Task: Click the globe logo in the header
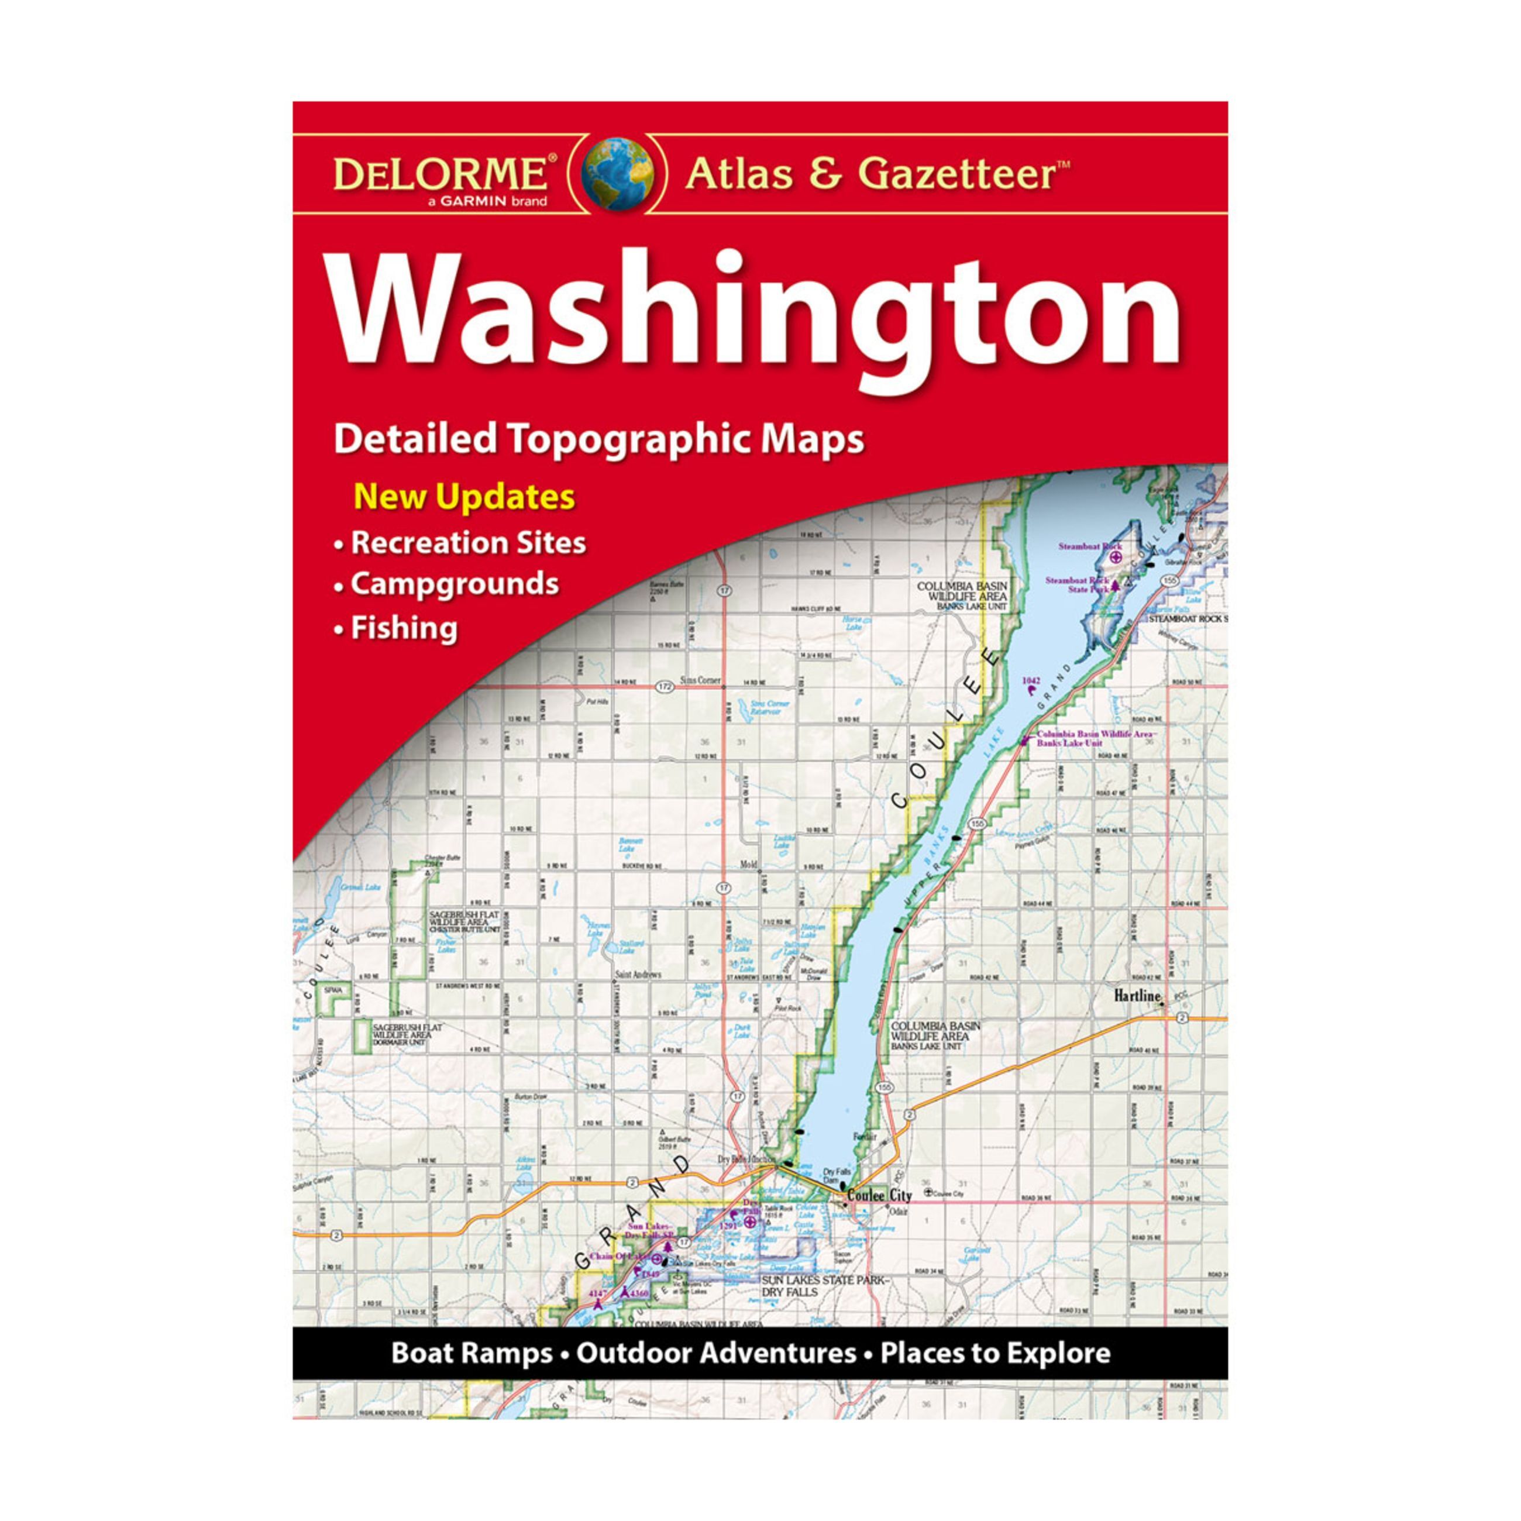point(617,174)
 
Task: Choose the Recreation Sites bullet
point(467,542)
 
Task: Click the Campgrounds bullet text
point(455,584)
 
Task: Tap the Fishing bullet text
point(404,628)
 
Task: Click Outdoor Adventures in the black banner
point(715,1353)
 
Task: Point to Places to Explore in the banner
point(995,1353)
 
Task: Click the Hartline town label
point(1137,996)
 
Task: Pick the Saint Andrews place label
point(637,975)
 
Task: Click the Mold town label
point(748,865)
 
